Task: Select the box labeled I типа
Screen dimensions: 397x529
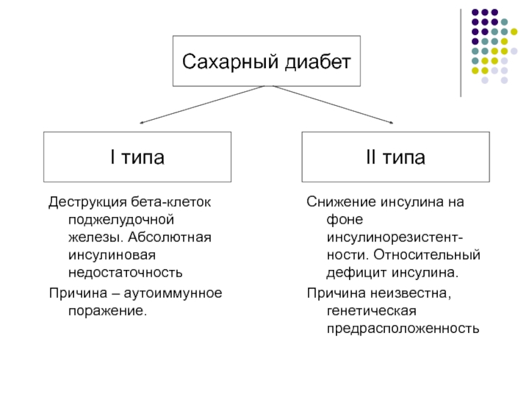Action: click(x=138, y=157)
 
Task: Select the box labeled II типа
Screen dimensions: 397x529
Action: click(x=395, y=157)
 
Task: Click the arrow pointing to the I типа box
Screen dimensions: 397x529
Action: click(x=198, y=106)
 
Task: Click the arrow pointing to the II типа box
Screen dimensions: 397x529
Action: click(x=331, y=105)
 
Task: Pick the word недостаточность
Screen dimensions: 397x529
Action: click(x=124, y=273)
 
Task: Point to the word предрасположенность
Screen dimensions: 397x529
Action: click(x=401, y=328)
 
